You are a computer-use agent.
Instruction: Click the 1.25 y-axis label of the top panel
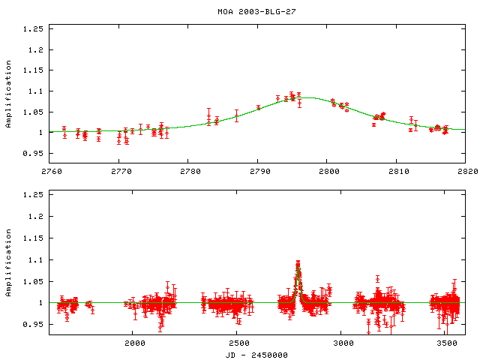tap(33, 29)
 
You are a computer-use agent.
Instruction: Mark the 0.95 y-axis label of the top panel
tap(33, 152)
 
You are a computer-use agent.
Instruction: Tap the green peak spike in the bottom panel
tap(298, 265)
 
